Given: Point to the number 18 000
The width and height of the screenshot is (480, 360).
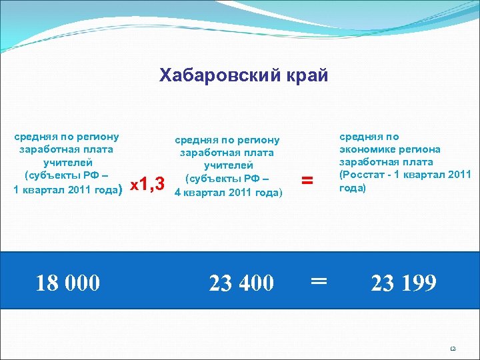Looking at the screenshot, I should [68, 283].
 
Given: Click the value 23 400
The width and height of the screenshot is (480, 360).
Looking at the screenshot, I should [241, 283].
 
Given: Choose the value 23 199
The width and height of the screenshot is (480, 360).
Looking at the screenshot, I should [404, 283].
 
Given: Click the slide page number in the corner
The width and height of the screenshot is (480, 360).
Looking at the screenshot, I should [452, 348].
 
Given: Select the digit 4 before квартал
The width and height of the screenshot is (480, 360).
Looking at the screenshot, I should [177, 193].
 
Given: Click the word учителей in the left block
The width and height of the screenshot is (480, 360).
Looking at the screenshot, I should [68, 162].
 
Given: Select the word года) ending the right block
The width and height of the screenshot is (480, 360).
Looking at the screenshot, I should [353, 187].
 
